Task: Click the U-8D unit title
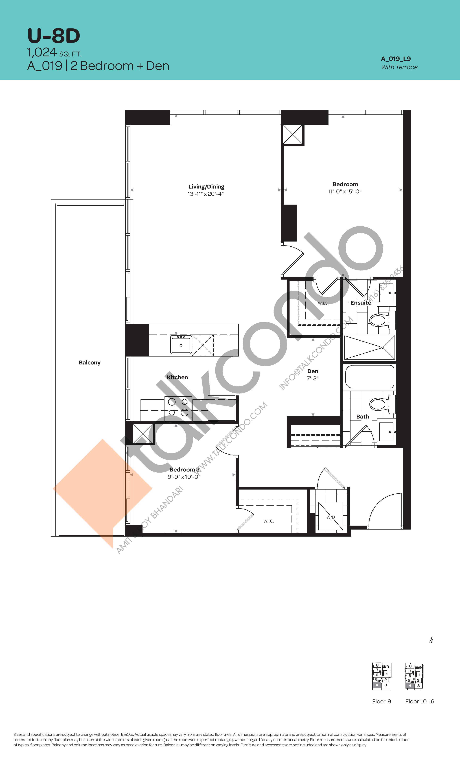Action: pos(54,36)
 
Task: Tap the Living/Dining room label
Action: pos(206,187)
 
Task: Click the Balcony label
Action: pos(89,362)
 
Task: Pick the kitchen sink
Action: pos(181,345)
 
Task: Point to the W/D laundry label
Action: pos(330,517)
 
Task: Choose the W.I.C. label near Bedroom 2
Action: pos(268,521)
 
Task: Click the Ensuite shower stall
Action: pos(369,347)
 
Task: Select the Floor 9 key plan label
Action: pos(381,701)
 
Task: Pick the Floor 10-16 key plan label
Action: pos(419,701)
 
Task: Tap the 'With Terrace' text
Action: pos(399,67)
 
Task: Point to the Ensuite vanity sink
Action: pos(386,293)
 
